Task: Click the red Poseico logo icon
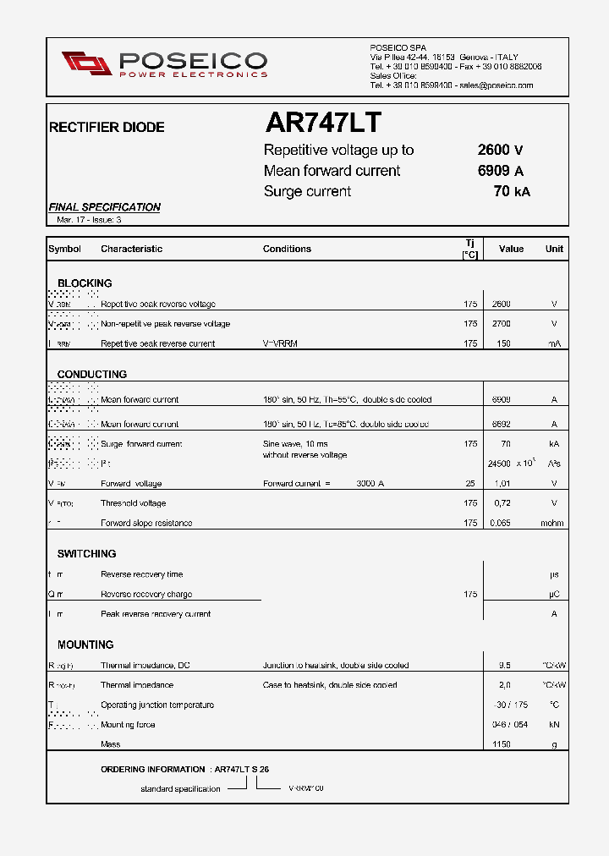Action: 86,63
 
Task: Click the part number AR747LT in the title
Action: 323,123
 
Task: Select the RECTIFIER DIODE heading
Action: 107,128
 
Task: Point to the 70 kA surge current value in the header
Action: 512,191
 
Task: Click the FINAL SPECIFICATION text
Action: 105,207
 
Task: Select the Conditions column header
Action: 287,249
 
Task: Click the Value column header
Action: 511,249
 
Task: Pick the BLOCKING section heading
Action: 85,283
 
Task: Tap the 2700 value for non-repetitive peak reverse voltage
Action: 502,324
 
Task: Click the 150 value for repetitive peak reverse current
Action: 503,343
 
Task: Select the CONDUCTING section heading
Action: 92,374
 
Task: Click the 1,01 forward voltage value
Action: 502,484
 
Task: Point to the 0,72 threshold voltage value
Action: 502,503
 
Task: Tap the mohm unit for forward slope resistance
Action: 553,523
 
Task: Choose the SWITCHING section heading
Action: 87,554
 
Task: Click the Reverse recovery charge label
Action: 146,595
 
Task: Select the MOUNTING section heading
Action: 85,645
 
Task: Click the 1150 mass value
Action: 502,744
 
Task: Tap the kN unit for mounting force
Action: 554,725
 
